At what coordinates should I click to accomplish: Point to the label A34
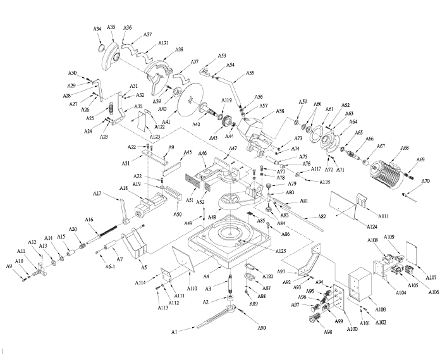tap(97, 30)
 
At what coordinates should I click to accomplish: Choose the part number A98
tap(328, 332)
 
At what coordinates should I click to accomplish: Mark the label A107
tap(432, 277)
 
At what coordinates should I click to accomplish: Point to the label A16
tap(89, 220)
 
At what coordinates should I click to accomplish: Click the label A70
tap(426, 182)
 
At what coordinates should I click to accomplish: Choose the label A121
tap(164, 43)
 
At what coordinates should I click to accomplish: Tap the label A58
tap(280, 111)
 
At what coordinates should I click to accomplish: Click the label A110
tap(192, 289)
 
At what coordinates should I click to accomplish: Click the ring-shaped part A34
tap(100, 48)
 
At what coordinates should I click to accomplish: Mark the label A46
tap(203, 153)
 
